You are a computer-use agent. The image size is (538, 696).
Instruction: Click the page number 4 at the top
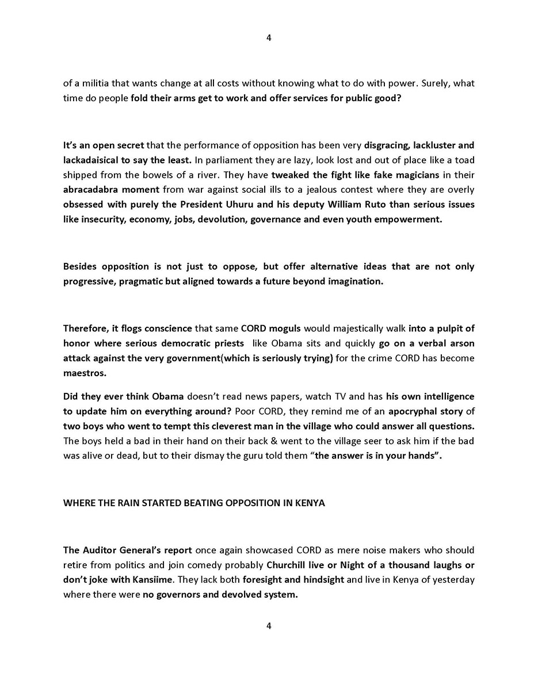click(x=269, y=38)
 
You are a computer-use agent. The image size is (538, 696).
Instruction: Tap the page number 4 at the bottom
click(x=269, y=626)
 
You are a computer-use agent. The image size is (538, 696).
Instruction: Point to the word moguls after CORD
click(x=286, y=328)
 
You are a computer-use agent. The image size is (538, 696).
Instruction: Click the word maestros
click(x=85, y=373)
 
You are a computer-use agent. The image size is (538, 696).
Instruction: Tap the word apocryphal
click(x=415, y=411)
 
